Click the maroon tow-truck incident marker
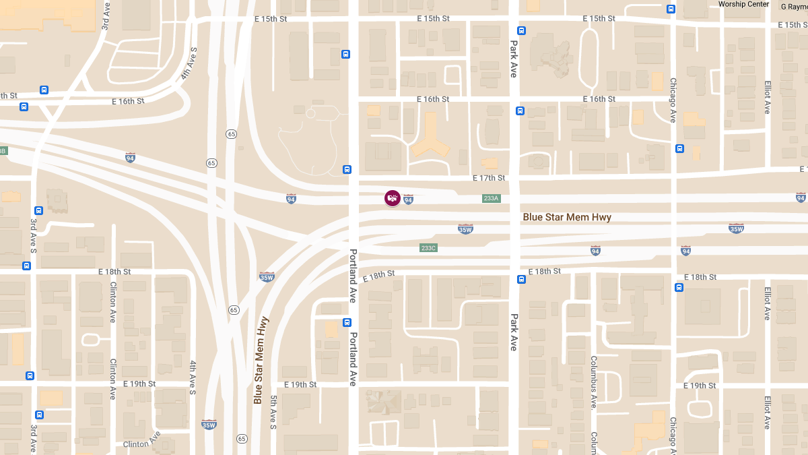[x=393, y=198]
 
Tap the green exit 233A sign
[x=491, y=198]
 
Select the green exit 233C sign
[x=428, y=248]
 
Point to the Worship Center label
[x=743, y=4]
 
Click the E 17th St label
[x=488, y=178]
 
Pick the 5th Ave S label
[x=273, y=413]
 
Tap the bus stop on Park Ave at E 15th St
[x=520, y=30]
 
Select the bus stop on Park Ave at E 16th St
[x=520, y=111]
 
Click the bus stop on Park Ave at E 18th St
[x=521, y=279]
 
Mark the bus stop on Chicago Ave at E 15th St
[x=671, y=9]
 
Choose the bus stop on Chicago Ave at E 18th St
[x=679, y=287]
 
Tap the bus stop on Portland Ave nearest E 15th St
[x=345, y=55]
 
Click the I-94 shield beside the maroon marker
[x=408, y=200]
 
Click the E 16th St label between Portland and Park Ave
[x=432, y=99]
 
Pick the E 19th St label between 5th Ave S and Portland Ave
[x=300, y=385]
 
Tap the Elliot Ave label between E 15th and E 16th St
[x=767, y=98]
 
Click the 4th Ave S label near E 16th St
[x=188, y=64]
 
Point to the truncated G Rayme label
[x=794, y=6]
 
